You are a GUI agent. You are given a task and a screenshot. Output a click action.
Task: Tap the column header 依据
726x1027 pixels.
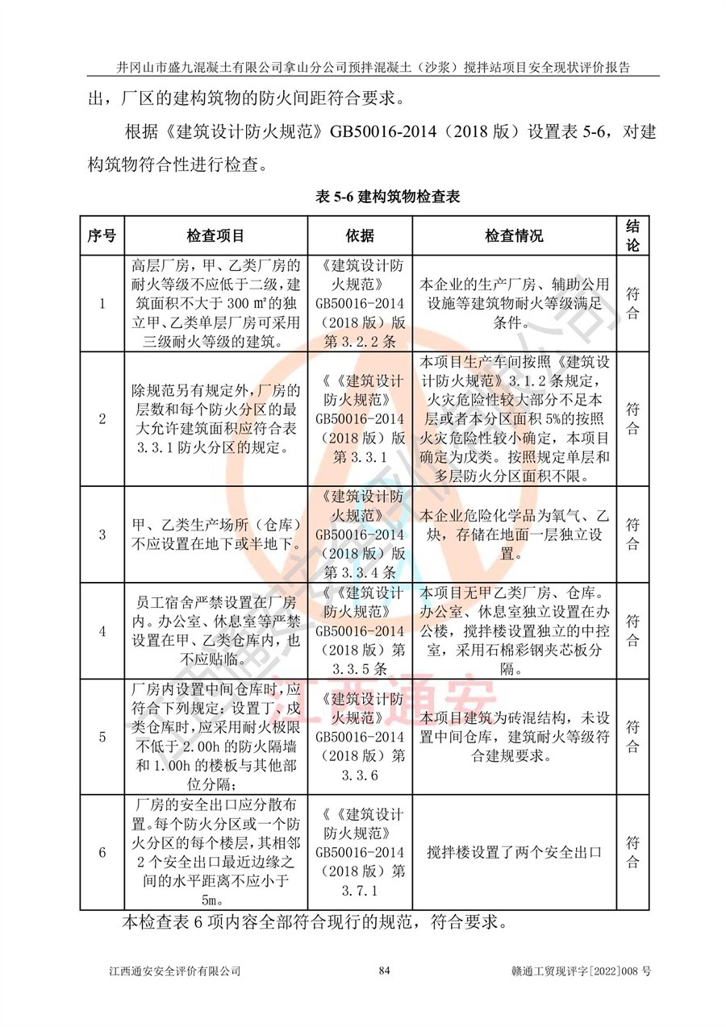pos(360,235)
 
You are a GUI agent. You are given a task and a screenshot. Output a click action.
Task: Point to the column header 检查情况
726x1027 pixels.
pos(514,235)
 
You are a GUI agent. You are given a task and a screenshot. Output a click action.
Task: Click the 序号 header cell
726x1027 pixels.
pos(102,235)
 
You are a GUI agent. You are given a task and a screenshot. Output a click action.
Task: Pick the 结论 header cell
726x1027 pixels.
pos(633,235)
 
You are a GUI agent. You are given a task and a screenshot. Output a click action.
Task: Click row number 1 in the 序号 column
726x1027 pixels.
pos(102,303)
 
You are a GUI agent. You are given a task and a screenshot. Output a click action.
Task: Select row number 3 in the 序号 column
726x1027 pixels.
pos(102,534)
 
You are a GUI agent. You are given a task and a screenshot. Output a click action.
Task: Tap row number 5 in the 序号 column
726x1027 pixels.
pos(102,737)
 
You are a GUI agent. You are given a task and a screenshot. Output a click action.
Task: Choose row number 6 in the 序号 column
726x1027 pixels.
pos(102,852)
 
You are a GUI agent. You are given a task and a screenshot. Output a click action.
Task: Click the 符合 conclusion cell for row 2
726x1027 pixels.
pos(633,418)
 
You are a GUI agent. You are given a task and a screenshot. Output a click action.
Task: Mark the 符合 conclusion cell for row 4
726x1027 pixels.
pos(633,631)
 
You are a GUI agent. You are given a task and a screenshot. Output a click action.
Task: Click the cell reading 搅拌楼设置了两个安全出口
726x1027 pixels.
pos(514,852)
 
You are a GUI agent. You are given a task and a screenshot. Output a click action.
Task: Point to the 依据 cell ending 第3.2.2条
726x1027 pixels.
pos(360,303)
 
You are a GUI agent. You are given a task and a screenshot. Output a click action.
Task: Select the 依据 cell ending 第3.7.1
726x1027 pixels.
pos(360,852)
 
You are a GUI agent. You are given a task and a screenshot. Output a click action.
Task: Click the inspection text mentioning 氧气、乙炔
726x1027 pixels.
pos(514,534)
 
